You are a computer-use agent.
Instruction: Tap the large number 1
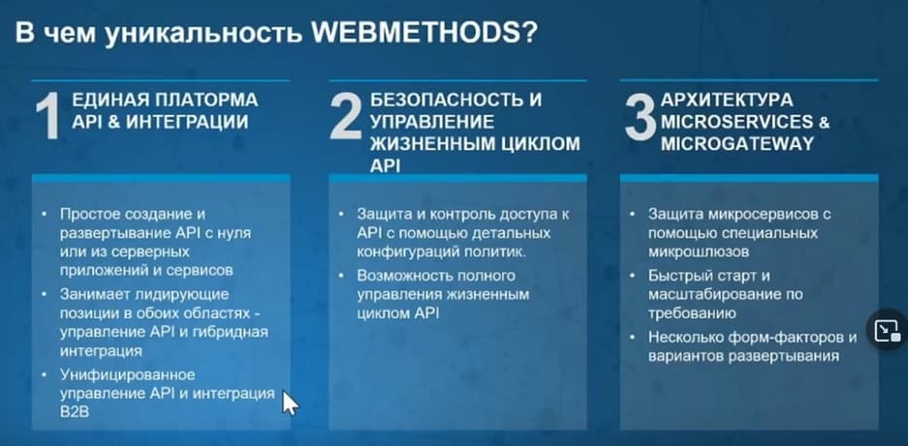[x=47, y=117]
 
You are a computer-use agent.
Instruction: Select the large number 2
[x=346, y=117]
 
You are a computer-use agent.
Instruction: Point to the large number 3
[x=641, y=117]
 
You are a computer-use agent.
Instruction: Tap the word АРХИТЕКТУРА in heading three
[x=726, y=100]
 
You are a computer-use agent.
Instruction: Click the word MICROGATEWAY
[x=737, y=144]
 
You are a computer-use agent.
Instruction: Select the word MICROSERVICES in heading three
[x=736, y=122]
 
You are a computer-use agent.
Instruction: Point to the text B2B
[x=75, y=412]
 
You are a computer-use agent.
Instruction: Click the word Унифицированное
[x=127, y=374]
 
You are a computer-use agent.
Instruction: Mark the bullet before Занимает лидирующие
[x=46, y=294]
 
